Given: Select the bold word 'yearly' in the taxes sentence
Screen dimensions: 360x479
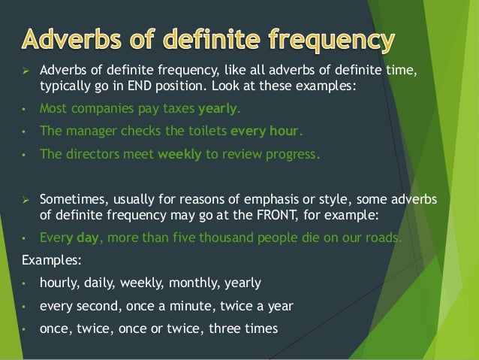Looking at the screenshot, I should pos(217,108).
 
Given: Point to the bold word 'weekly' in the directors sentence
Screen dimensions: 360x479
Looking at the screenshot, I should pos(177,156).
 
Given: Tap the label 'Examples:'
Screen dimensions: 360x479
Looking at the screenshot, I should pos(45,261).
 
